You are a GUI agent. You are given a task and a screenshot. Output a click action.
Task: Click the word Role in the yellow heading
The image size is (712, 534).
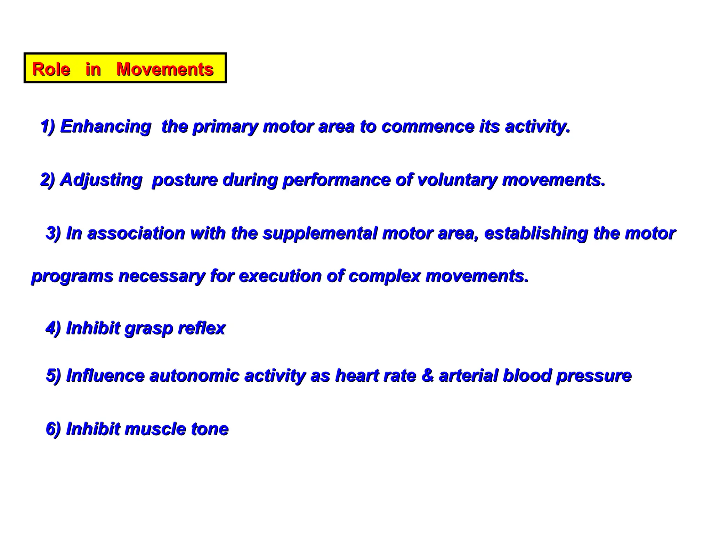(x=51, y=69)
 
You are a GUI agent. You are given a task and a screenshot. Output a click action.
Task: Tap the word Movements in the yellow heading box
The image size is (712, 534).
(x=165, y=69)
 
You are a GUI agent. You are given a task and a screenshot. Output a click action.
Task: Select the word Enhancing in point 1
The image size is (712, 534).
(x=106, y=126)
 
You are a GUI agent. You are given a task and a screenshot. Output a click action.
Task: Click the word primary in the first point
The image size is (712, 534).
(x=225, y=127)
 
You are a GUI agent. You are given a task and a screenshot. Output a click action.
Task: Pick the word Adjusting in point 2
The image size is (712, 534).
(x=101, y=180)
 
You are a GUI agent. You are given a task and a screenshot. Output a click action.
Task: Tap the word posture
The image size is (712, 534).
(x=185, y=180)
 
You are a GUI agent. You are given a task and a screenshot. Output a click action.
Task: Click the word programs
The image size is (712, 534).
(x=72, y=277)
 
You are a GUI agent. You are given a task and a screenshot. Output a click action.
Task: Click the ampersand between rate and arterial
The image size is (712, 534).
(x=427, y=376)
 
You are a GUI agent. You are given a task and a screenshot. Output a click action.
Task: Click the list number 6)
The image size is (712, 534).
(x=54, y=429)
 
